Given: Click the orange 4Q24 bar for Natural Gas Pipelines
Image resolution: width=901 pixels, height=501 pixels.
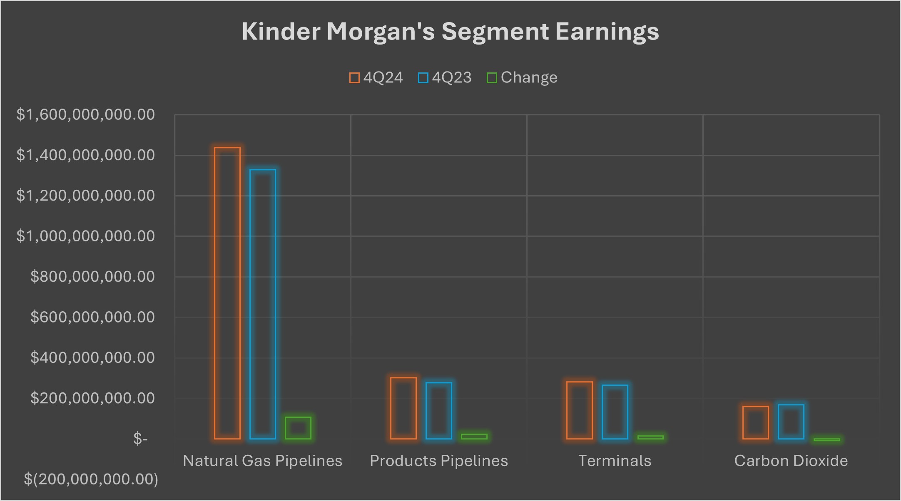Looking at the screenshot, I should (227, 293).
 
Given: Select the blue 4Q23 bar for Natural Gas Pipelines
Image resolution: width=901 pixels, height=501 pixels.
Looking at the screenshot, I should (263, 304).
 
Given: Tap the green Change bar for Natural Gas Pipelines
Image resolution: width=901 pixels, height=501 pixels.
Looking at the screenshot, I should (298, 428).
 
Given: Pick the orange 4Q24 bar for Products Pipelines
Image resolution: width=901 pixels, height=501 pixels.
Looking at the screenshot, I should (403, 408).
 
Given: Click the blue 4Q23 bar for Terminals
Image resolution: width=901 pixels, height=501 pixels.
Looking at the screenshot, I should (615, 412).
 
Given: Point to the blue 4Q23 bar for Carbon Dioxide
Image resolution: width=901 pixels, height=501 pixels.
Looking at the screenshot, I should (791, 422).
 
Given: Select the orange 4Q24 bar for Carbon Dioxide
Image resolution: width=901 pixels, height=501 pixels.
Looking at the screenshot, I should (756, 422).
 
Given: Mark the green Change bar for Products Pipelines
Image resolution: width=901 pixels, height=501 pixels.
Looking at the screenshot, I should (474, 437).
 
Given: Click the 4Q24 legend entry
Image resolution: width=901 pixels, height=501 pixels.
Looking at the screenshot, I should (376, 78).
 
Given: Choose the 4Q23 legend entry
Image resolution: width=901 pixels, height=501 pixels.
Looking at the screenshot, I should (445, 78).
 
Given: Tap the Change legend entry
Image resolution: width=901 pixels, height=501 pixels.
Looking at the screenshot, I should (522, 78).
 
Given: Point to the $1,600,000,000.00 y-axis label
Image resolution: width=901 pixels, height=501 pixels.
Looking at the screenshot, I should (85, 114).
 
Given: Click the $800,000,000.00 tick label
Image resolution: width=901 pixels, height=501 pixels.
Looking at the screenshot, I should (92, 277).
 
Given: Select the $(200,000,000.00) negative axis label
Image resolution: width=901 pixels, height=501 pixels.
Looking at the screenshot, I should (91, 479).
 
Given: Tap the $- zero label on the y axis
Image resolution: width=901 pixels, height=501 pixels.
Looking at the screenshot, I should (140, 439).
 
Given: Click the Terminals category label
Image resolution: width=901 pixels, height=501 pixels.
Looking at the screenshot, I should (615, 461).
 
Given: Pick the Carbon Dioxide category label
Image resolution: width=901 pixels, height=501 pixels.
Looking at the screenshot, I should (791, 461).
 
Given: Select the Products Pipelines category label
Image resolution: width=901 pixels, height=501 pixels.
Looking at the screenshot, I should (439, 461).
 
